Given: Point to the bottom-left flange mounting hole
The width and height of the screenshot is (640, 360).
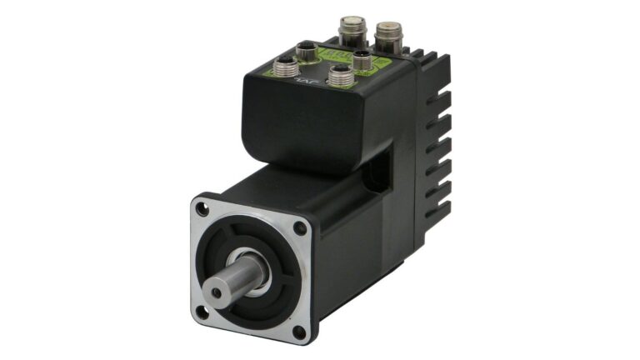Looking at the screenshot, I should tap(202, 312).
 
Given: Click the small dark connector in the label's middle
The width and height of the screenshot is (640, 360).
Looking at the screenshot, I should tap(362, 60).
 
